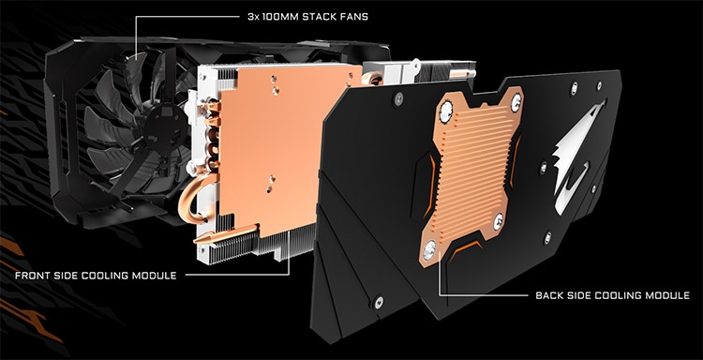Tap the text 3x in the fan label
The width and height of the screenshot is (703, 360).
pyautogui.click(x=253, y=17)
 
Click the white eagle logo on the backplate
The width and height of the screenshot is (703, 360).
pyautogui.click(x=575, y=157)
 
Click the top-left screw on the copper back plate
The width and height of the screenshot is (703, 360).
pyautogui.click(x=446, y=110)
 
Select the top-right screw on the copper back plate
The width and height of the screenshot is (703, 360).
pyautogui.click(x=516, y=102)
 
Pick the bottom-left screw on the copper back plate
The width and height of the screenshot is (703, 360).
pyautogui.click(x=429, y=250)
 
